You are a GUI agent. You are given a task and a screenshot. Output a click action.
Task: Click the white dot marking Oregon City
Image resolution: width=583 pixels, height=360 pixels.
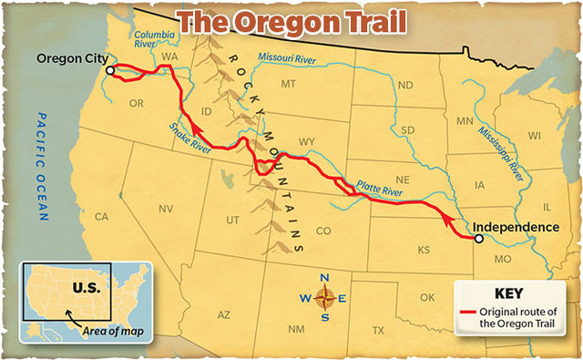tap(109, 70)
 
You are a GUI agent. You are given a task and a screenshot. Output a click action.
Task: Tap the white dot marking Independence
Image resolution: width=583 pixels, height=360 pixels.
tap(479, 239)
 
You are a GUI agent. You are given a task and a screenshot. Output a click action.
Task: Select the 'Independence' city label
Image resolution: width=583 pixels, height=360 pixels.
tap(516, 227)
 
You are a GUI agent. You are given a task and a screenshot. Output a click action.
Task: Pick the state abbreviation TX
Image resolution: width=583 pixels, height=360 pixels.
tap(379, 329)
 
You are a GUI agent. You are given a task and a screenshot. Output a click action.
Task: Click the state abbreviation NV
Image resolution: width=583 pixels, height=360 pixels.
tap(166, 209)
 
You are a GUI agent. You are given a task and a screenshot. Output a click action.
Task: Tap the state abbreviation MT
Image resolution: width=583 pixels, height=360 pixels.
tap(289, 85)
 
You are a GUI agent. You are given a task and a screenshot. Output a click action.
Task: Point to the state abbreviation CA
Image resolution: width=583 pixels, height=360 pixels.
tap(101, 217)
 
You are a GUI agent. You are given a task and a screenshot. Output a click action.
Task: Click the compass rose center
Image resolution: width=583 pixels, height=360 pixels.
tap(326, 297)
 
